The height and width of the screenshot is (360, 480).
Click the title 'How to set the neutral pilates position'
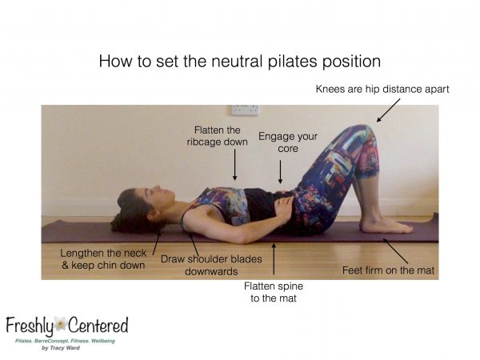[x=240, y=62]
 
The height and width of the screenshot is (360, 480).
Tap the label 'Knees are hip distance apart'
[x=382, y=90]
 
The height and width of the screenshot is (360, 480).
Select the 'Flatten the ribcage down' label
[x=218, y=136]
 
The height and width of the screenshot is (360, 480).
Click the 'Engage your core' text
[x=288, y=142]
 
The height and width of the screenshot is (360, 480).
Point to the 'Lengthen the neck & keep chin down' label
[x=103, y=259]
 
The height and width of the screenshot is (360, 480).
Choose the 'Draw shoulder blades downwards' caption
[x=211, y=265]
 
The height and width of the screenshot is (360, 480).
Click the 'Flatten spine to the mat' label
[x=274, y=292]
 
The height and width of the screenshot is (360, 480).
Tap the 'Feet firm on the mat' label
[x=388, y=270]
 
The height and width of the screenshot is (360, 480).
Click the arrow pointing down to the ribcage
[x=234, y=164]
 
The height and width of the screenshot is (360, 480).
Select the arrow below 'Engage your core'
[x=280, y=172]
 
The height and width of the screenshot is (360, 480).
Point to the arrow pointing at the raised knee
[x=388, y=110]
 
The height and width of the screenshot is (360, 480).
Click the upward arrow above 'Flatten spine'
[x=274, y=258]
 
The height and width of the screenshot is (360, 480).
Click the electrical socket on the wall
[x=246, y=110]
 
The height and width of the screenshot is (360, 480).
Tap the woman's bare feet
[x=386, y=226]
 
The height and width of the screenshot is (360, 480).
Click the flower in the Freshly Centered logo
[x=60, y=324]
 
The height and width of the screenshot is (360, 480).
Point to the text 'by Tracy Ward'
[x=61, y=348]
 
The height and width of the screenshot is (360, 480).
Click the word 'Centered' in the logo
[x=98, y=325]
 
